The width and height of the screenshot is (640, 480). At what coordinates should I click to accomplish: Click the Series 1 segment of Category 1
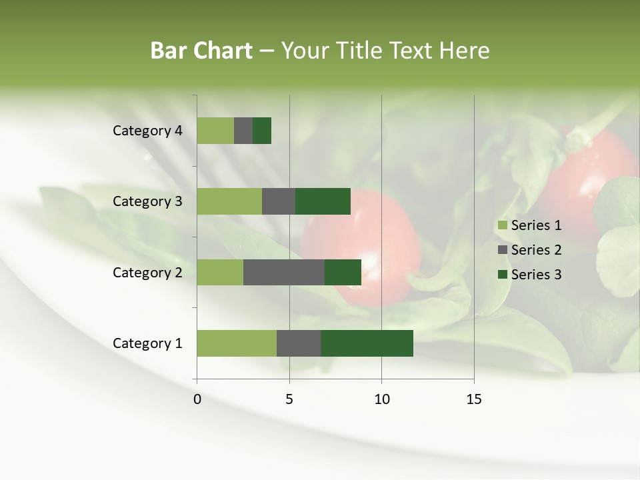(237, 343)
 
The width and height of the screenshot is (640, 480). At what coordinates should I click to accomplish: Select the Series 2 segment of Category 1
(299, 343)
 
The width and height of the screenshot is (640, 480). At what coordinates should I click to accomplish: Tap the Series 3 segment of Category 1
(367, 343)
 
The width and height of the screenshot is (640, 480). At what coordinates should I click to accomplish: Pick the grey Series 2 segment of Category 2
(284, 273)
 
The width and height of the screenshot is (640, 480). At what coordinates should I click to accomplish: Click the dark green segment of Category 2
(343, 273)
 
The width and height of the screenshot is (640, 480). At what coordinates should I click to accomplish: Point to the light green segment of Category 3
(229, 201)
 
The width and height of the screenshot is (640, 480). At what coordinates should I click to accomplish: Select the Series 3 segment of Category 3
(323, 201)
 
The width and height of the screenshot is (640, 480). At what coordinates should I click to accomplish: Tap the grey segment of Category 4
(243, 131)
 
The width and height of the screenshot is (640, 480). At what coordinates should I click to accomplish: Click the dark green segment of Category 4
(262, 131)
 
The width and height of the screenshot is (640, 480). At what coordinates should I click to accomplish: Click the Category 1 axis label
(147, 343)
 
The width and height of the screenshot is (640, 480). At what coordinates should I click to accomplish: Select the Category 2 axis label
(147, 273)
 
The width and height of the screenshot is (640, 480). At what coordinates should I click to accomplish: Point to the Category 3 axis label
(147, 201)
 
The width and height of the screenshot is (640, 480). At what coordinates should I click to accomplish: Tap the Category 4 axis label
(147, 131)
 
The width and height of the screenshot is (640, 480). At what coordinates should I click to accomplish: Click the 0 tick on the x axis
(197, 399)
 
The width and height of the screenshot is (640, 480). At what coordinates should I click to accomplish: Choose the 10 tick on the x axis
(381, 399)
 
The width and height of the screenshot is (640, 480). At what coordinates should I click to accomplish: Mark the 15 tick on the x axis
(474, 399)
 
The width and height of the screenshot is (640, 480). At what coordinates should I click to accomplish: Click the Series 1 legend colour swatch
(503, 225)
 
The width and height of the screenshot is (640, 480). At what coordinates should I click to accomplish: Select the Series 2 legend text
(536, 250)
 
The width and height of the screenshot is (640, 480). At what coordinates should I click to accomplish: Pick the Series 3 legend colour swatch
(503, 275)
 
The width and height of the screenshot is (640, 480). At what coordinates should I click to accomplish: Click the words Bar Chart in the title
(201, 51)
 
